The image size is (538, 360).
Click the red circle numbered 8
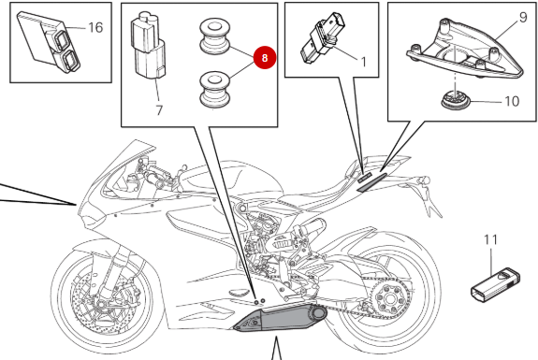coord(265,57)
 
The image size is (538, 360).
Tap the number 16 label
coord(95,27)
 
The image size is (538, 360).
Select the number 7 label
coord(159,110)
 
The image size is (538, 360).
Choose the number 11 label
coord(491,241)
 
